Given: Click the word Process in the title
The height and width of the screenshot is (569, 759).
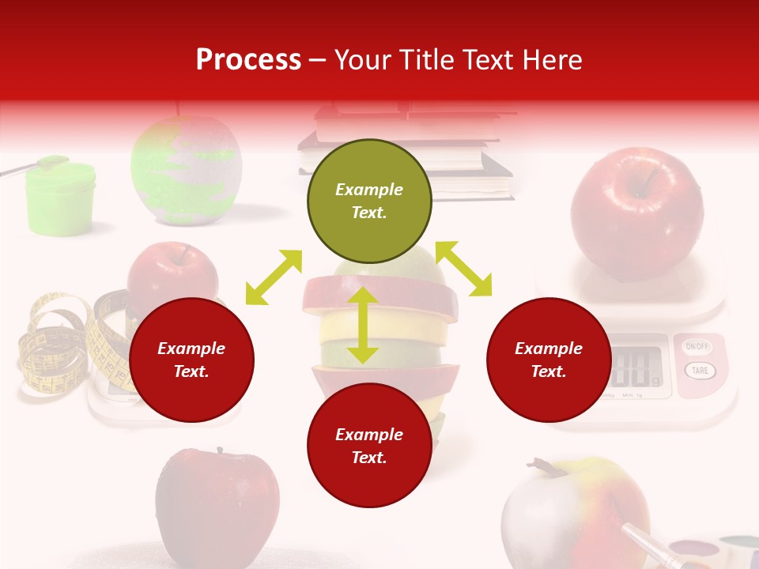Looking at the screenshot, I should pos(248,60).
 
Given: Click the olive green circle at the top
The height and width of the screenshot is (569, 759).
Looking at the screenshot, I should pos(369,202).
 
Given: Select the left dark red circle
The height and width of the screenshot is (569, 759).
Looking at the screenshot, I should pos(191,360).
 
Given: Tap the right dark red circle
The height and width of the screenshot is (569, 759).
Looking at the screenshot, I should pos(549,360).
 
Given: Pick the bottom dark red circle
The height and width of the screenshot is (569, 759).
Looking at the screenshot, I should pos(369,446).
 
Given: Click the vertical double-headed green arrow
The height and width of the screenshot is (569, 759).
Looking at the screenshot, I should pos(362,325).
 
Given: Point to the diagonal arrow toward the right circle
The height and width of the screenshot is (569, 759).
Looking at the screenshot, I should pos(463,269).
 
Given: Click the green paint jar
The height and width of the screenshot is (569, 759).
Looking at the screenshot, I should pos(60,197).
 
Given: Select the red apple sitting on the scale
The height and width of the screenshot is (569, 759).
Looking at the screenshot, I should pos(636,212).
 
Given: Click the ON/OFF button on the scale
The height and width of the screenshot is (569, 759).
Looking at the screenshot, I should pos(697,347).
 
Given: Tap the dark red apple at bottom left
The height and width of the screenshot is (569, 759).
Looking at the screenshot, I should pos(217,502).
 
